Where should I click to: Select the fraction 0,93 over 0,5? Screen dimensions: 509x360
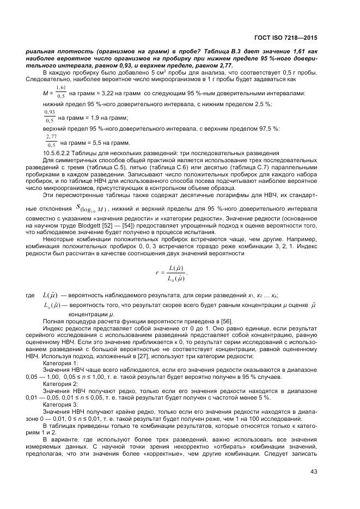[49, 116]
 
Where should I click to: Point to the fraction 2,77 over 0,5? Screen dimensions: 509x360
[51, 140]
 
